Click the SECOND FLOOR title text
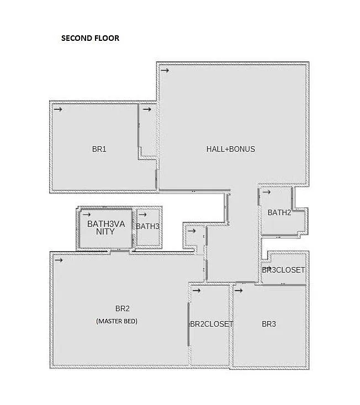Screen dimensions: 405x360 pos(90,39)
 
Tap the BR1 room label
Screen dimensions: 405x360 pos(99,149)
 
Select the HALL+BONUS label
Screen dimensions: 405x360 pos(230,149)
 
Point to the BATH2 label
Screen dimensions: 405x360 pos(279,212)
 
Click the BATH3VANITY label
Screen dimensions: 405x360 pos(105,228)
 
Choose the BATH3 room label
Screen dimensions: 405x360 pos(147,226)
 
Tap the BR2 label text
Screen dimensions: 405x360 pos(122,308)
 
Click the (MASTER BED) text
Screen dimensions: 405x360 pos(117,321)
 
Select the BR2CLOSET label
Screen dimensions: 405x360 pos(211,324)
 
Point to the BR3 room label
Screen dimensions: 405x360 pos(268,324)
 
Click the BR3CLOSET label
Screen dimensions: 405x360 pos(283,270)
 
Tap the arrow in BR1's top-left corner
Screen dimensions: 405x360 pos(58,109)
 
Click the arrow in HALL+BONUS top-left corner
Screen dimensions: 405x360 pos(165,70)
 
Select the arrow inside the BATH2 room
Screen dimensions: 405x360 pos(266,192)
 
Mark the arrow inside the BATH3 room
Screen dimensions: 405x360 pos(142,214)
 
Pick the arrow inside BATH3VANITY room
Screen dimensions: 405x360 pos(86,214)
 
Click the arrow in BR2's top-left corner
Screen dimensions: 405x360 pos(58,260)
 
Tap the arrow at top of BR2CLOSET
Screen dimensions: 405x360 pos(196,290)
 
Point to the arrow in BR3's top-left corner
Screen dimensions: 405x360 pos(239,290)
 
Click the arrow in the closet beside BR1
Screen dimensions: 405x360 pos(147,109)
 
